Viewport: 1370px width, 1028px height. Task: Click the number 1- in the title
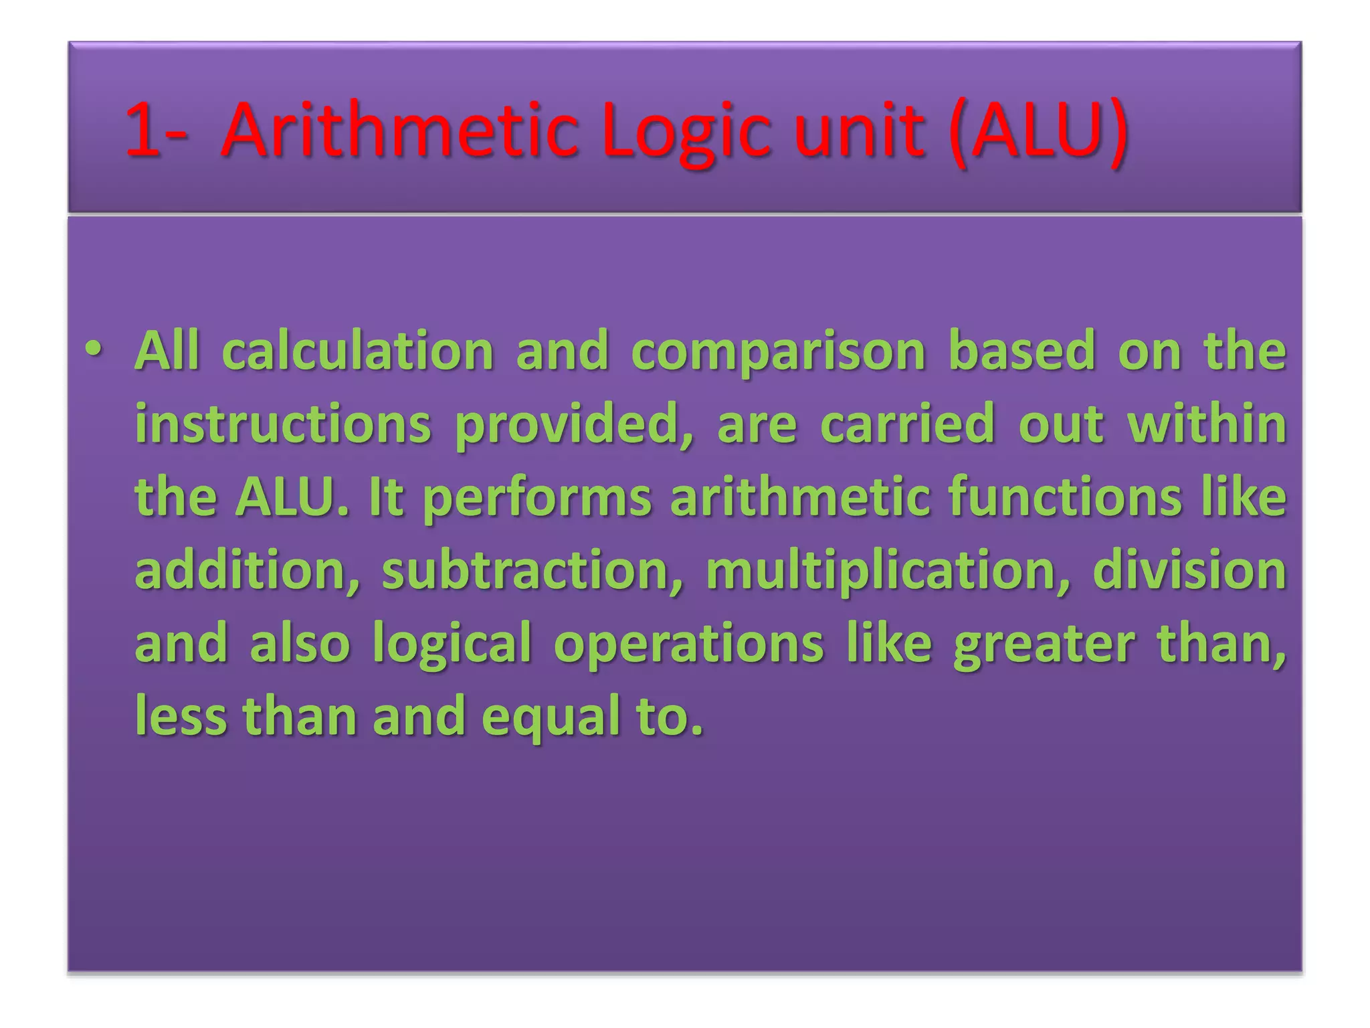(156, 130)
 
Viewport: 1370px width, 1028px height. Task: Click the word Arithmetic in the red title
(399, 130)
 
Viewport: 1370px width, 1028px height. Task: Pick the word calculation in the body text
(358, 351)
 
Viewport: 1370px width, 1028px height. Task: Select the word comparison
(778, 352)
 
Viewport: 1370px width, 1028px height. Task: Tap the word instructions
(283, 424)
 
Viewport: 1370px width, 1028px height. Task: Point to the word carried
(907, 424)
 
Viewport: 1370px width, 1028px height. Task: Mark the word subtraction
(532, 571)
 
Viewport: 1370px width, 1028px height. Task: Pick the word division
(1189, 571)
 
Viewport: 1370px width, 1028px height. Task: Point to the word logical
(452, 645)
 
